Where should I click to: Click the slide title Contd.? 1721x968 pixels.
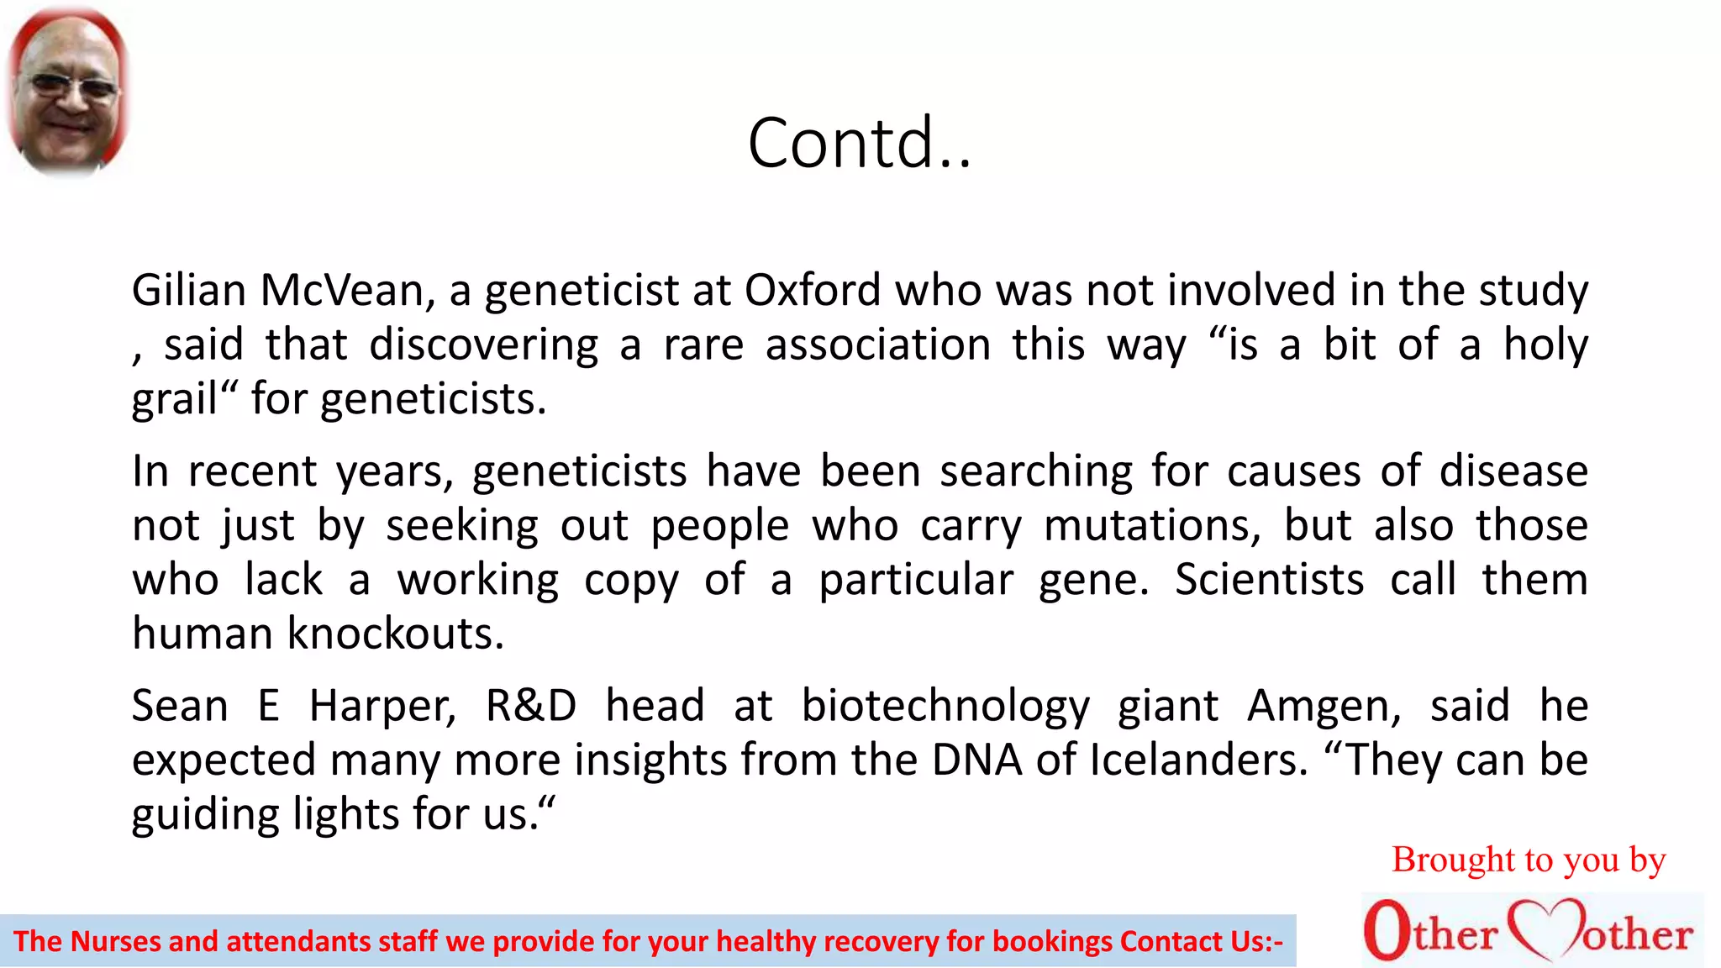point(859,143)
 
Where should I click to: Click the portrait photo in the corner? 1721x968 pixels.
point(67,92)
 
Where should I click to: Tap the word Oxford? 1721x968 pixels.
point(813,291)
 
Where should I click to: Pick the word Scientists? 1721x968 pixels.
point(1269,580)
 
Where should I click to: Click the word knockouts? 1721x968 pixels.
point(395,634)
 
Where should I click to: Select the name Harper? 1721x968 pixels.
point(382,706)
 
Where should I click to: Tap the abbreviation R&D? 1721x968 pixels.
point(531,706)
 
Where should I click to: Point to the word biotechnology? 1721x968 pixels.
point(945,706)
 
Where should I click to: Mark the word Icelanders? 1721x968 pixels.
point(1198,760)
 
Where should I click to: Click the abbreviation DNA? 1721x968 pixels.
point(976,760)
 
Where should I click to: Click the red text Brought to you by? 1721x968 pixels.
point(1528,860)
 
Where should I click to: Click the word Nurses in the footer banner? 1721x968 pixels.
point(116,942)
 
